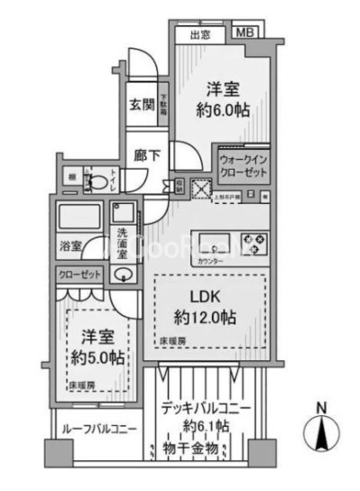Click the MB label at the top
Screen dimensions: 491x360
tap(245, 33)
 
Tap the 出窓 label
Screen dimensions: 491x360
tap(200, 35)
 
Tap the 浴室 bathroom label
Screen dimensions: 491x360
tap(71, 245)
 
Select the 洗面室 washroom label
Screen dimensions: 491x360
tap(123, 246)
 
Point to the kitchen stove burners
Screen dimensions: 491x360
tap(248, 242)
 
